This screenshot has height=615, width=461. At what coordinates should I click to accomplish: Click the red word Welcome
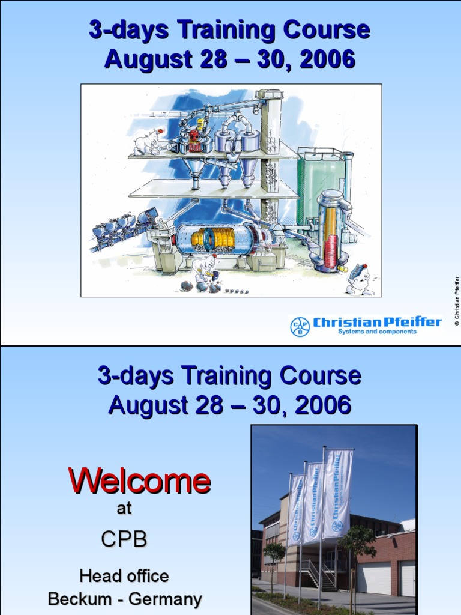coord(139,481)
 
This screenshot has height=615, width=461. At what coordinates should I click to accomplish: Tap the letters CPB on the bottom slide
coord(124,539)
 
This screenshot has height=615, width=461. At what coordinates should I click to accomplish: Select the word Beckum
coord(76,599)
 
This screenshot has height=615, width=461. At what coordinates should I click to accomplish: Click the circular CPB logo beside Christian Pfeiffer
coord(300,326)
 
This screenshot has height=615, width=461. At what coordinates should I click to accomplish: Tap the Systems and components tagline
coord(377,332)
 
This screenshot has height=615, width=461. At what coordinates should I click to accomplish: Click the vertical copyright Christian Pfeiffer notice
coord(456,301)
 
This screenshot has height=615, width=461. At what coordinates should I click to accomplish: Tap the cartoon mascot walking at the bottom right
coord(360,279)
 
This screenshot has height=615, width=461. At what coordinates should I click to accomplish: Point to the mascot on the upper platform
coord(148,142)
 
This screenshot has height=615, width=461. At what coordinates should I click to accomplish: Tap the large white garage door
coord(374,577)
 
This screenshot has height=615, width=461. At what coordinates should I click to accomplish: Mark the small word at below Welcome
coord(124,509)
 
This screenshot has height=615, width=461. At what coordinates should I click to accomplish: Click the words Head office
coord(124,576)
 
